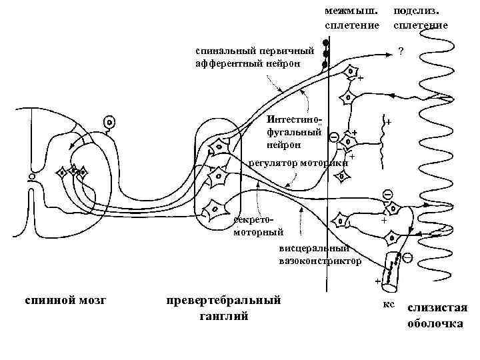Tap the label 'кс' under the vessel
tap(389, 304)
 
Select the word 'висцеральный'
tap(314, 249)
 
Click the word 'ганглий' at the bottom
tap(224, 315)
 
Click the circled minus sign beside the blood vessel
tap(407, 257)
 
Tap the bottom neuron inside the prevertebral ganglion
tap(215, 211)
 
